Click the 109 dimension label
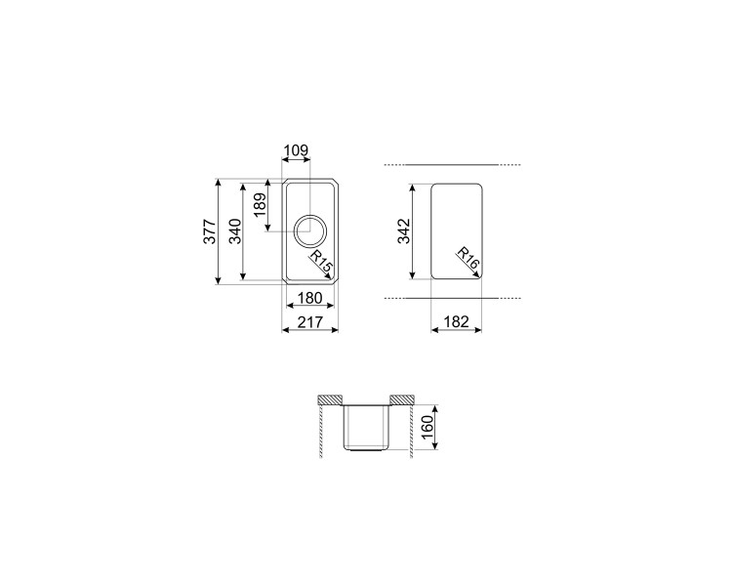[297, 150]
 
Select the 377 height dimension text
[210, 231]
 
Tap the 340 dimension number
[235, 231]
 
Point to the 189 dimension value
[260, 205]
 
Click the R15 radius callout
[322, 263]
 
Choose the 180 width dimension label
[310, 298]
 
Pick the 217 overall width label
[310, 322]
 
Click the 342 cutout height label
[403, 231]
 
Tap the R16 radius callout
[468, 258]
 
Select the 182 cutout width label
[456, 322]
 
